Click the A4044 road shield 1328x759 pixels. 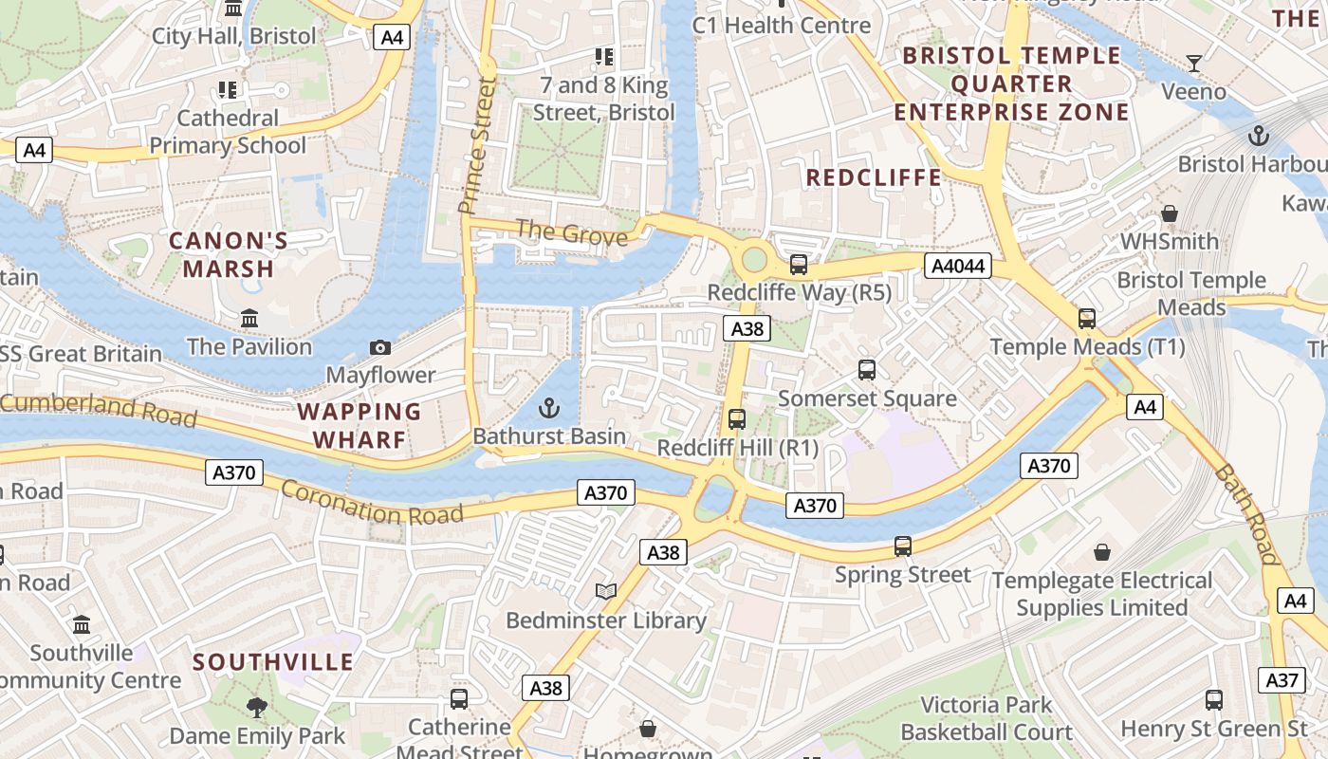[958, 267]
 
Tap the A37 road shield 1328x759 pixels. [1282, 680]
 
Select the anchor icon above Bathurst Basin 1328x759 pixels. [548, 409]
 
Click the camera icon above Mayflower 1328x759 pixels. [380, 348]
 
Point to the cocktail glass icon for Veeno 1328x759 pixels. [1194, 64]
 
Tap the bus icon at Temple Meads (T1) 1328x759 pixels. [1087, 319]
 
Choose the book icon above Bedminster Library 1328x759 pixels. [605, 592]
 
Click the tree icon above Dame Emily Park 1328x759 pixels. [256, 707]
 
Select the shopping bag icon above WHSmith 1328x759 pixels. [1170, 213]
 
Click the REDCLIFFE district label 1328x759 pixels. [874, 177]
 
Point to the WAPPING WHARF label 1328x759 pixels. [360, 425]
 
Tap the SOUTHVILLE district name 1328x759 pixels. [273, 661]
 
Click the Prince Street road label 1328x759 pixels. [478, 145]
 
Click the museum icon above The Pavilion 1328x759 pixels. [249, 319]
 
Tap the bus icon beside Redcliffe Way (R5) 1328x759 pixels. [799, 265]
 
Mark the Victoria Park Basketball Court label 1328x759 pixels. [987, 718]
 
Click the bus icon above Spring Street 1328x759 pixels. [903, 546]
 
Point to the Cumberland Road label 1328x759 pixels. [99, 409]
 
